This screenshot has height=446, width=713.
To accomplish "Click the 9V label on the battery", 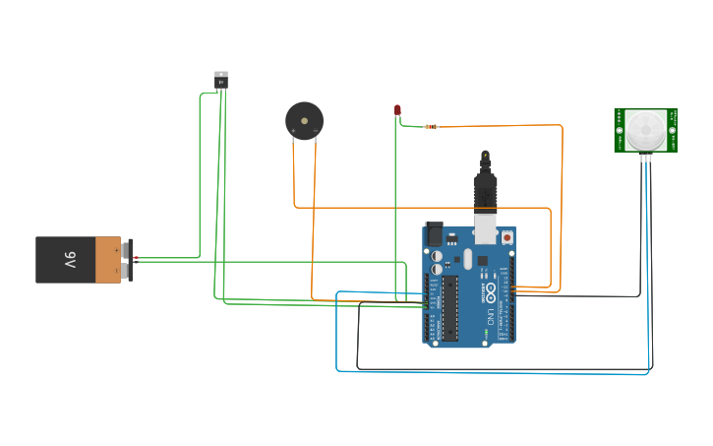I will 69,260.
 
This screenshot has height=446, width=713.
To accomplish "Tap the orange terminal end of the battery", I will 108,260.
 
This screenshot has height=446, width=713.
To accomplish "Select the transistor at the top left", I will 221,80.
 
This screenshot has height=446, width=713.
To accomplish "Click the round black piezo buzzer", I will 304,121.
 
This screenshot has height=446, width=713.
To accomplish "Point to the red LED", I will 397,110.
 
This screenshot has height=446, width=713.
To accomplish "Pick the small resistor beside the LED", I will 431,126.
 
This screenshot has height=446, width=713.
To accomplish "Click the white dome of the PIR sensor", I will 646,128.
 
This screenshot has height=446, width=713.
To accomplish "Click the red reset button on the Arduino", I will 506,237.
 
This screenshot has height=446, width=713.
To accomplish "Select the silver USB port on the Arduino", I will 485,229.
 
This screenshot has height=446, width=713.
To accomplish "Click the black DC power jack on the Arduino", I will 434,234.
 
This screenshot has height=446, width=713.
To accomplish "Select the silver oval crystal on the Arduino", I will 468,258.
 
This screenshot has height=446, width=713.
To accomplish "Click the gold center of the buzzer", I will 305,120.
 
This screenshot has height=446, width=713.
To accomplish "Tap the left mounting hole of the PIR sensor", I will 620,130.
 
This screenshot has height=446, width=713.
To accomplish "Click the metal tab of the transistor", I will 221,74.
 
